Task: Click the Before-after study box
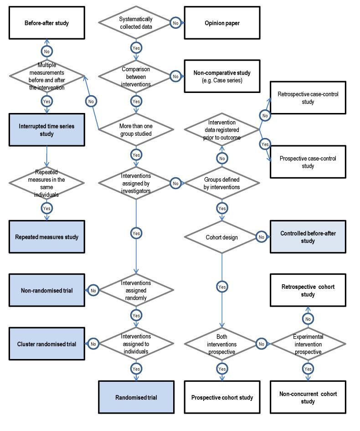click(46, 22)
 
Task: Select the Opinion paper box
click(222, 22)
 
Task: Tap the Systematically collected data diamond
click(136, 22)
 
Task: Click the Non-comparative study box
click(222, 76)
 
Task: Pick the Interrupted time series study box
click(46, 130)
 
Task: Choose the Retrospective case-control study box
click(308, 98)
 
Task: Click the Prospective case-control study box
click(308, 162)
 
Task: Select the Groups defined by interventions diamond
click(222, 183)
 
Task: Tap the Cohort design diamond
click(222, 237)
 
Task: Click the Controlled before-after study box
click(308, 237)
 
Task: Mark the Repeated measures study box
click(46, 237)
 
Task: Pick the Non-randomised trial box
click(46, 290)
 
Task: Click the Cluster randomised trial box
click(46, 344)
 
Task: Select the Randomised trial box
click(136, 397)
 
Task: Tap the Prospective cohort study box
click(222, 397)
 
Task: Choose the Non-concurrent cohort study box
click(308, 397)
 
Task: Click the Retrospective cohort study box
click(308, 291)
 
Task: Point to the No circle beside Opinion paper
click(175, 22)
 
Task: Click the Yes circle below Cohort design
click(222, 287)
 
